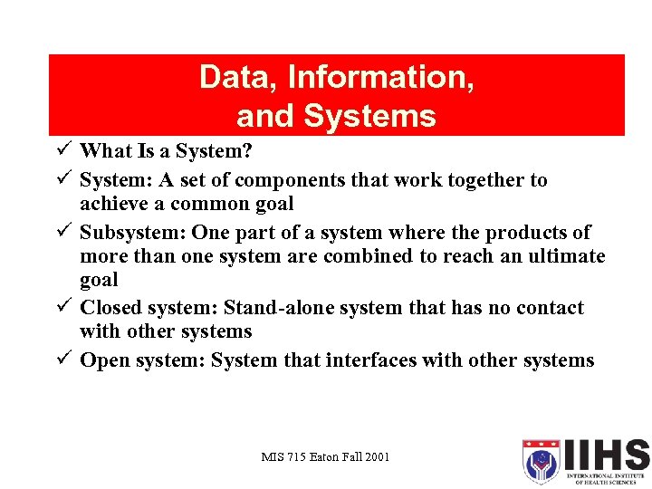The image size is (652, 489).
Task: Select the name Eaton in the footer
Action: (x=321, y=457)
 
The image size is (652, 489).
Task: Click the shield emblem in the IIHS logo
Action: (x=542, y=463)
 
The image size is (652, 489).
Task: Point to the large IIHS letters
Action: (x=606, y=455)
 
